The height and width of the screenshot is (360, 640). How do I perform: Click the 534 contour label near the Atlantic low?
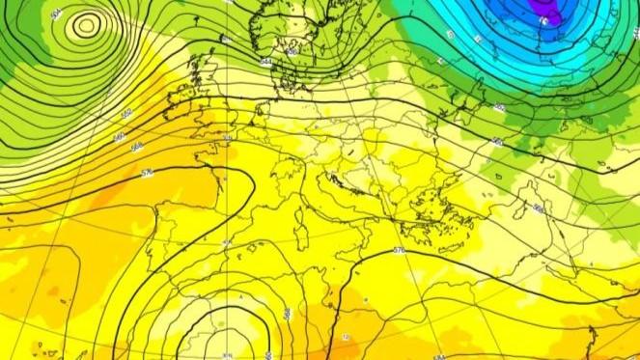point(56,14)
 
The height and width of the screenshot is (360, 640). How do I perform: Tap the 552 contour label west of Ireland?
point(126,114)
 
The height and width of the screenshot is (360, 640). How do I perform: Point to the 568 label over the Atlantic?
point(137,147)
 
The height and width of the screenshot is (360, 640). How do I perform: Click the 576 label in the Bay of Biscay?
point(147,173)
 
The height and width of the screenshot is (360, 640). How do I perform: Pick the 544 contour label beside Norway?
point(265,62)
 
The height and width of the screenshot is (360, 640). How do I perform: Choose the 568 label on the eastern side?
point(539,208)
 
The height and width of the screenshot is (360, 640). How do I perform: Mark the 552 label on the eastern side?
point(499,108)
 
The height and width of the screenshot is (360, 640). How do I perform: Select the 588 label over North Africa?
point(288,314)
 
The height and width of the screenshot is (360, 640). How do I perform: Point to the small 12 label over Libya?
point(345,338)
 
